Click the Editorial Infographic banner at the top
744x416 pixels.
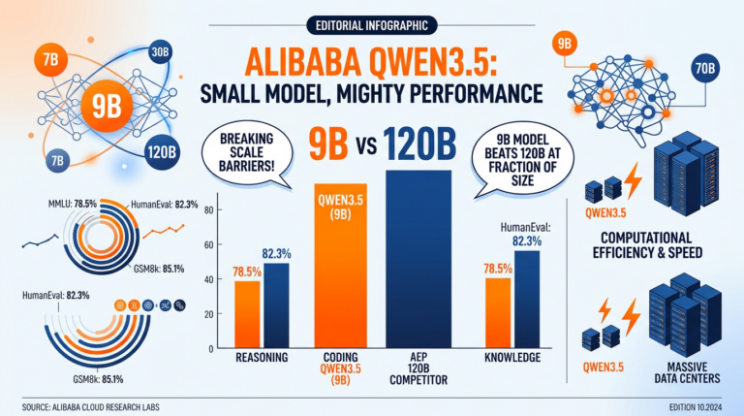371,24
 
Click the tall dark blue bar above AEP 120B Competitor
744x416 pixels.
418,258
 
